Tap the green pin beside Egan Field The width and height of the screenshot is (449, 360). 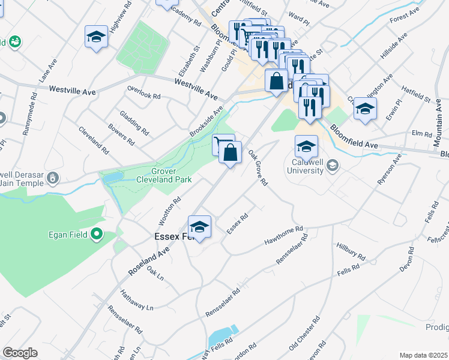click(95, 235)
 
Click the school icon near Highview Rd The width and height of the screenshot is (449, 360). click(96, 37)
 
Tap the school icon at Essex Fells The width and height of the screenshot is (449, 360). click(199, 227)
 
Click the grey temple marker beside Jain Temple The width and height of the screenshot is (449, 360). click(53, 178)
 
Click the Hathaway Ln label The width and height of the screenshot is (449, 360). click(136, 299)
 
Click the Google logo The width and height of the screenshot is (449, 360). click(20, 353)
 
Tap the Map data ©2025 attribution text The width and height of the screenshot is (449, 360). click(424, 355)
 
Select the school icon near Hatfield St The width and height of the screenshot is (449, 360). click(364, 109)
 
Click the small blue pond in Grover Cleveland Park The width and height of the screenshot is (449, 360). click(111, 178)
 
